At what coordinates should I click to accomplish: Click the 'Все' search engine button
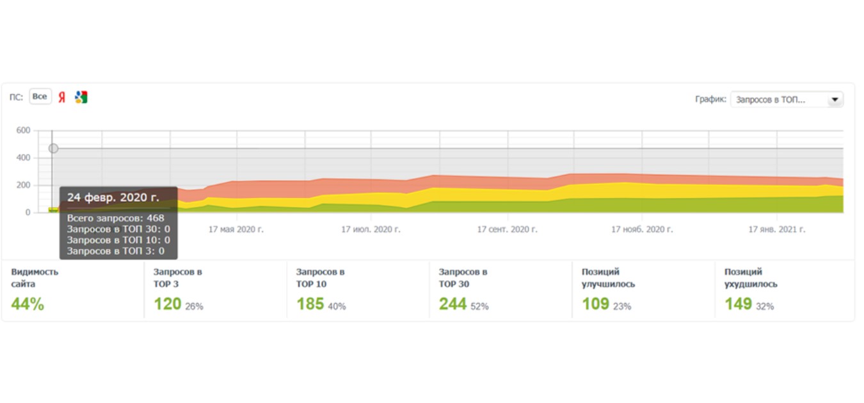(x=40, y=97)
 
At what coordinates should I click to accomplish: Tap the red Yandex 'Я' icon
(x=61, y=97)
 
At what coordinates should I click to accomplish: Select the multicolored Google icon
(x=81, y=97)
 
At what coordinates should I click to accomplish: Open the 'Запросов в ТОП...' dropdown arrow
(x=835, y=99)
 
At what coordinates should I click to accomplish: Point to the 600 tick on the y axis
(x=23, y=130)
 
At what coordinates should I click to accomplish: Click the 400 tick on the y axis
(x=23, y=158)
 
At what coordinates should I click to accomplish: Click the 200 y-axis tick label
(x=23, y=185)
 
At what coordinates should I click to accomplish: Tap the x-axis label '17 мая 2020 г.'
(x=236, y=229)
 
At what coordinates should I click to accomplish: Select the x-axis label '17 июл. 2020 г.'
(x=371, y=229)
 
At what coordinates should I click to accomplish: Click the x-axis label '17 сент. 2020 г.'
(x=508, y=229)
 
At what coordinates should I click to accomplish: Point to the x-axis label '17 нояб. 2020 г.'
(x=642, y=229)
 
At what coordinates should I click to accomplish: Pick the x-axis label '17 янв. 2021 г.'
(x=777, y=229)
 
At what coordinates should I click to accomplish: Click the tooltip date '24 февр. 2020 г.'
(x=113, y=197)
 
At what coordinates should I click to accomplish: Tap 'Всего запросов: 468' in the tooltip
(x=116, y=218)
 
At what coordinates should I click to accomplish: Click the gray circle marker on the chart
(x=54, y=148)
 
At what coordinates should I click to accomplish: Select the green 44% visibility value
(x=28, y=304)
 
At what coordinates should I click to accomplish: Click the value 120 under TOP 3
(x=168, y=304)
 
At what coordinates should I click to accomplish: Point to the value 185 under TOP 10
(x=310, y=304)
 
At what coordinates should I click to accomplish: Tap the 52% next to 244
(x=479, y=306)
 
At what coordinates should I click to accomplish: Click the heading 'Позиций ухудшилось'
(x=751, y=278)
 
